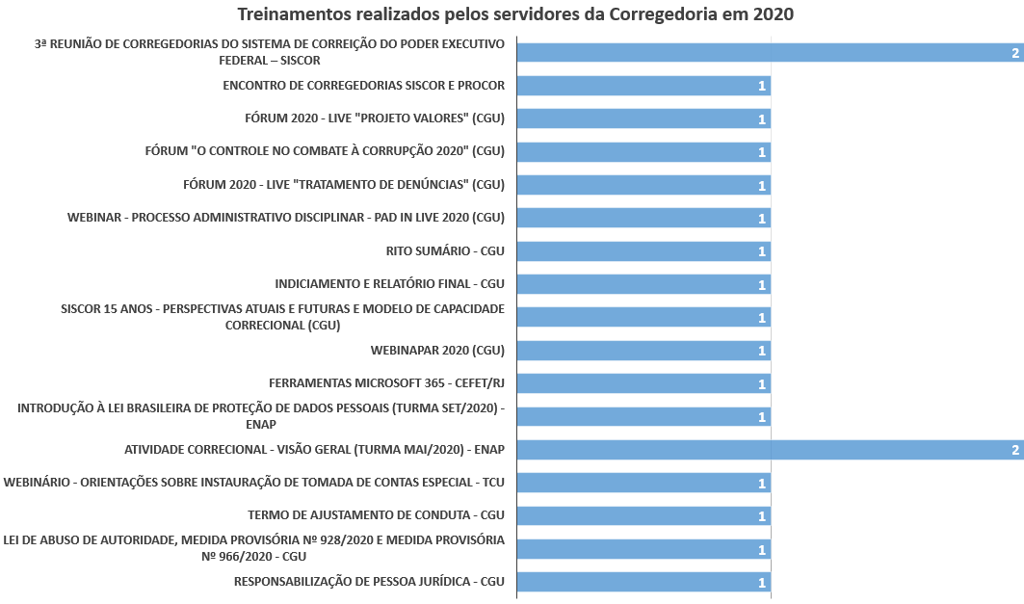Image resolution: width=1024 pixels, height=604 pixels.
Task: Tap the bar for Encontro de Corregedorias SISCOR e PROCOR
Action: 643,86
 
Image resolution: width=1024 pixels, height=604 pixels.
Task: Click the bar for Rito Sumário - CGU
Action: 643,251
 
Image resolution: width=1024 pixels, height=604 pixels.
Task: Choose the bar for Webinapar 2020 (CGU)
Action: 643,351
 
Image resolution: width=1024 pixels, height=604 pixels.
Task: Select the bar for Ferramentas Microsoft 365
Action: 643,383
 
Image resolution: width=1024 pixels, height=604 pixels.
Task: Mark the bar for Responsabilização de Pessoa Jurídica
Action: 643,582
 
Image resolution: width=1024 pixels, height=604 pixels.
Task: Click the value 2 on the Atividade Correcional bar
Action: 1015,450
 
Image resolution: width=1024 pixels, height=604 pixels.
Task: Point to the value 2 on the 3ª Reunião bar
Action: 1015,53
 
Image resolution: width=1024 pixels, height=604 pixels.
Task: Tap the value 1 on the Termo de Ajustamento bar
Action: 762,516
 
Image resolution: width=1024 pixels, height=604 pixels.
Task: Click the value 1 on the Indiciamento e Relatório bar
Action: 762,285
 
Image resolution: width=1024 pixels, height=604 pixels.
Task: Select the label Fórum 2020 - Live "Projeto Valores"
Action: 375,118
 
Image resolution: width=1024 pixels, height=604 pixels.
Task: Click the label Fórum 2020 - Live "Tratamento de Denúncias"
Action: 344,185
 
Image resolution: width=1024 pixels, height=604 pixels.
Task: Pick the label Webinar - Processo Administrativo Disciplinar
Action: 286,218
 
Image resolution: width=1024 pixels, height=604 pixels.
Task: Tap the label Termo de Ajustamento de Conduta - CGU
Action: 376,515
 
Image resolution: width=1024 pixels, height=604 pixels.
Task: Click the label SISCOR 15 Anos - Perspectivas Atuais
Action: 282,317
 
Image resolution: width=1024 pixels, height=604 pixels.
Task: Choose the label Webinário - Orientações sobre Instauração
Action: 254,483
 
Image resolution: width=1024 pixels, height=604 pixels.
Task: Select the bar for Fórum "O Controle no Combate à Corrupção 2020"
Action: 643,152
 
